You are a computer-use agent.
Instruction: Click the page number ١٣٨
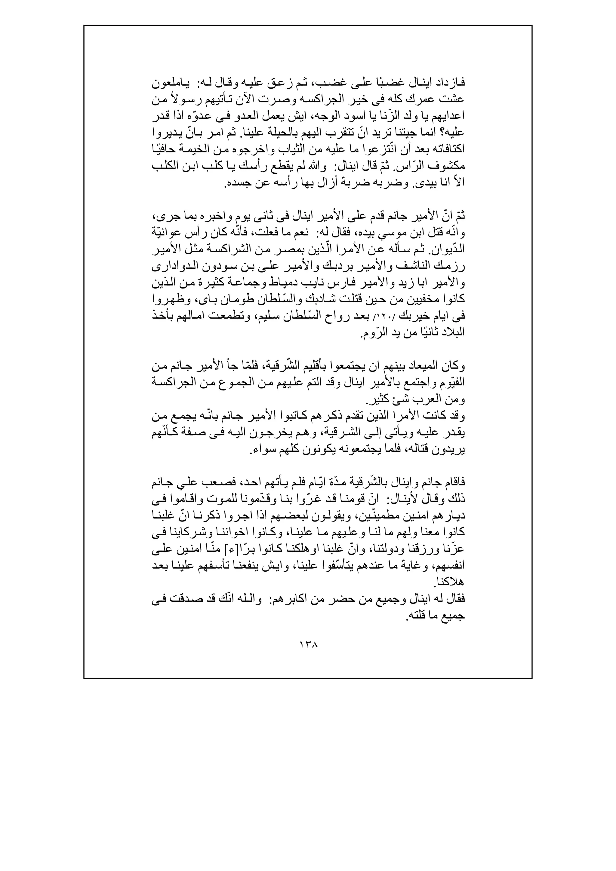click(x=308, y=644)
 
